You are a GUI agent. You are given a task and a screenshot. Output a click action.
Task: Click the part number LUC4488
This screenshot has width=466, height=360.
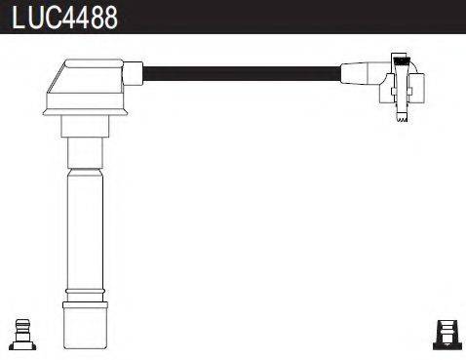(64, 18)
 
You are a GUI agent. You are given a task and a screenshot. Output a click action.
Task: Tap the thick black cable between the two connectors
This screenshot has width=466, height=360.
(242, 74)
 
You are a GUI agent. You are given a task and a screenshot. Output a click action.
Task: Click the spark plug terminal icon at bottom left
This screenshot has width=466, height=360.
(22, 335)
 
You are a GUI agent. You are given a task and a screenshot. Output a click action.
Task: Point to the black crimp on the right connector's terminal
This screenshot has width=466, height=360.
(401, 60)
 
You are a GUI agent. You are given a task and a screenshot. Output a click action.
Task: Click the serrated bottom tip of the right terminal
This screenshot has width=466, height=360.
(403, 118)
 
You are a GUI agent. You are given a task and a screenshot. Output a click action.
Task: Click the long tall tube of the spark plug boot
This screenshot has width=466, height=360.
(85, 229)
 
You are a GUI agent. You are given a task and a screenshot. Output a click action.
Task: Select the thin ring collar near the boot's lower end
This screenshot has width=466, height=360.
(85, 291)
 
